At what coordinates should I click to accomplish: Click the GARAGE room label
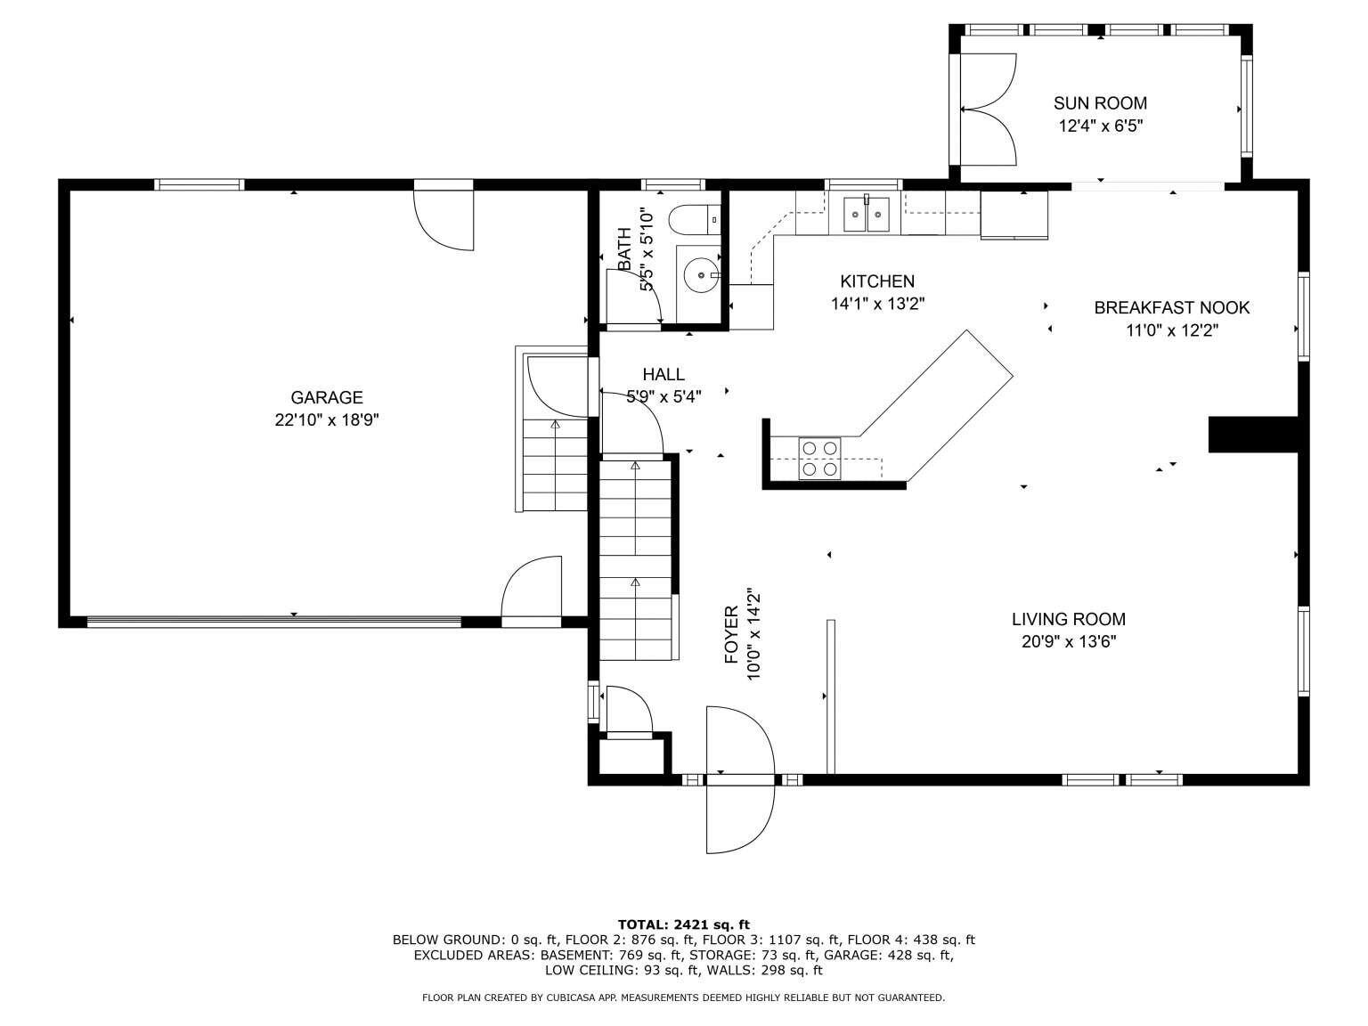pos(327,397)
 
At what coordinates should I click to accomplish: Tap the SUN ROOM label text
pos(1100,102)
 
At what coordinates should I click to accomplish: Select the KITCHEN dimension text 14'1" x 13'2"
pos(877,304)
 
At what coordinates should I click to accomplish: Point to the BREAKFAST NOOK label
pos(1172,308)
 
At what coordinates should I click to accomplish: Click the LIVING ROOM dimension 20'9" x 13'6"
pos(1068,641)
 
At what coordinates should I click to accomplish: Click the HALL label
pos(664,374)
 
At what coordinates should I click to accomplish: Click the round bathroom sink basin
pos(701,274)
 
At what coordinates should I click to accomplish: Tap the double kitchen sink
pos(867,214)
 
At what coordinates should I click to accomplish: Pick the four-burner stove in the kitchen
pos(819,459)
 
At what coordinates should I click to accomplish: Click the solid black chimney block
pos(1253,435)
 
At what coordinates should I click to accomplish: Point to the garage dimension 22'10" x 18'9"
pos(327,420)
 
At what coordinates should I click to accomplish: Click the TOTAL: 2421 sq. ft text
pos(684,924)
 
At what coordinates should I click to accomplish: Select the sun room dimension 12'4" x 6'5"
pos(1100,126)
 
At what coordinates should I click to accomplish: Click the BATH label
pos(623,249)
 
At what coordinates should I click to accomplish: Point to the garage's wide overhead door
pos(273,621)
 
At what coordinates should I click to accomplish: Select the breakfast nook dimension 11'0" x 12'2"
pos(1172,330)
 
